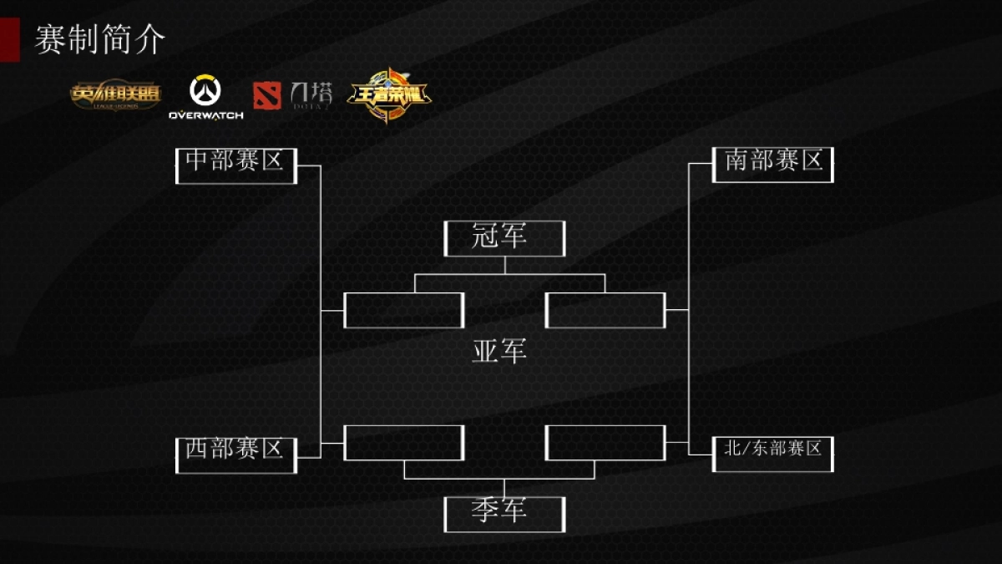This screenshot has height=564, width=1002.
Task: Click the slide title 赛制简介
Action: (x=100, y=39)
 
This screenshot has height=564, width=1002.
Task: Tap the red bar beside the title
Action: (x=9, y=39)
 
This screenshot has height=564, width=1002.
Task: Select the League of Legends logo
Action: (x=115, y=96)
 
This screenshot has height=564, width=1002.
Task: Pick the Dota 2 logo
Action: (x=292, y=96)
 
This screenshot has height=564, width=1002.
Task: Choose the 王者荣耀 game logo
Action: (x=388, y=95)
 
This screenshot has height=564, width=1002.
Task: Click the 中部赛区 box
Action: (x=236, y=165)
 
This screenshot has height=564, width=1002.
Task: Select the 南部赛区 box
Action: (x=773, y=165)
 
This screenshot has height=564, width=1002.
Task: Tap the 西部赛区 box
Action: (x=236, y=454)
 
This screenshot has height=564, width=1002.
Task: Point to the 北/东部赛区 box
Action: (x=773, y=454)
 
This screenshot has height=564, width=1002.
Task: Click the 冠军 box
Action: (x=504, y=238)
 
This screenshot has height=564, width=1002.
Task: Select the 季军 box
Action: (x=504, y=514)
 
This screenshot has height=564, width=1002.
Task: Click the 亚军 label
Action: (x=499, y=352)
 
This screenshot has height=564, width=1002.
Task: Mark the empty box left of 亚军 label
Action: (x=404, y=310)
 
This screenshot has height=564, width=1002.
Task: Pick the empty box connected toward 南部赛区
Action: (x=605, y=310)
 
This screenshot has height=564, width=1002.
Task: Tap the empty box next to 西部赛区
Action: (x=404, y=443)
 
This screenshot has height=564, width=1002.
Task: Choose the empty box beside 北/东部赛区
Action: (x=605, y=443)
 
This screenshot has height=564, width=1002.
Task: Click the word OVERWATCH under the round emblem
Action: (x=205, y=115)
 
